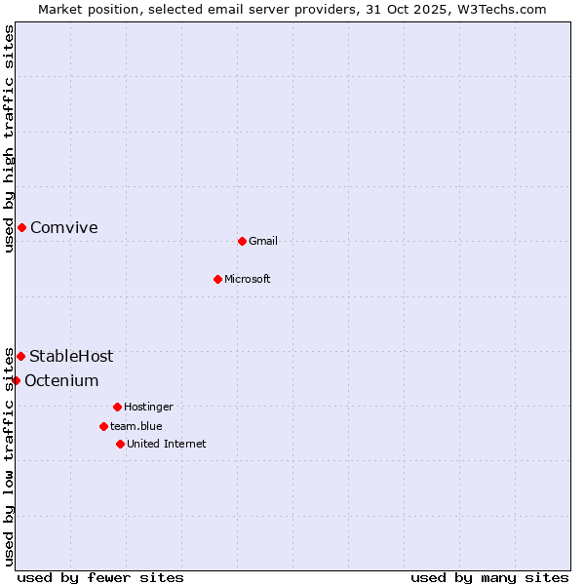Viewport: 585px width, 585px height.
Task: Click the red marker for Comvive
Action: (21, 227)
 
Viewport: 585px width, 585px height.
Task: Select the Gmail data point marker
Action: (243, 241)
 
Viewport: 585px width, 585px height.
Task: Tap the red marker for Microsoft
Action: (218, 279)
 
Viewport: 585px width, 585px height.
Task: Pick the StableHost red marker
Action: (20, 356)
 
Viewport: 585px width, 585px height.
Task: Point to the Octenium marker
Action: (16, 380)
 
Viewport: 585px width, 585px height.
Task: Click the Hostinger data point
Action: (117, 407)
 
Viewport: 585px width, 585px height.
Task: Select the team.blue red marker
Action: (103, 426)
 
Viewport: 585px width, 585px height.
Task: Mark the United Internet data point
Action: (120, 444)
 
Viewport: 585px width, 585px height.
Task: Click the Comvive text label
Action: (64, 228)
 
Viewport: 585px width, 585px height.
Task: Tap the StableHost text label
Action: (71, 357)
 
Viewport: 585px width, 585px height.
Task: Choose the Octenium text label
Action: (61, 381)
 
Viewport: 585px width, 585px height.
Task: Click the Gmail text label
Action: (263, 242)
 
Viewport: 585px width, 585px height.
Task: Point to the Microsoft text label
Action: (248, 280)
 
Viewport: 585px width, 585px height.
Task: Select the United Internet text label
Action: (167, 445)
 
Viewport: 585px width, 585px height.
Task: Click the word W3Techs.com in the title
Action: (505, 10)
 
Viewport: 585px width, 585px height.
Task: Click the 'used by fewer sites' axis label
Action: (100, 577)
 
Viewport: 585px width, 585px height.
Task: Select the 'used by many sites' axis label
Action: (489, 577)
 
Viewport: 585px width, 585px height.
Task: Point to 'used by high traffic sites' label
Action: (10, 139)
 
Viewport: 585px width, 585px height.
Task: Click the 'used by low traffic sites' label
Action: (10, 456)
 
